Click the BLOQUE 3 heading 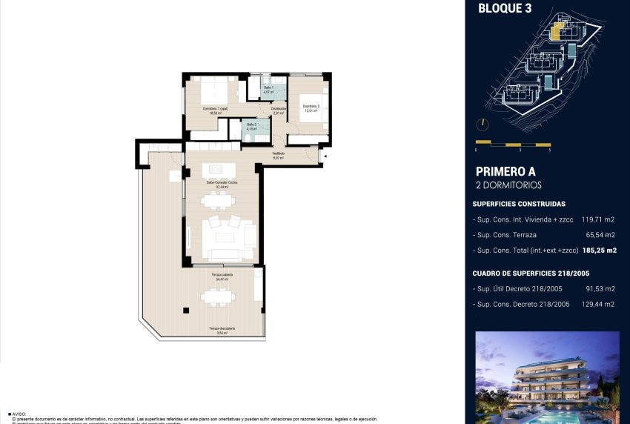tap(505, 9)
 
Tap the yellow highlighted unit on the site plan tap(557, 30)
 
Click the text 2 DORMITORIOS tap(508, 185)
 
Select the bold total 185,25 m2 tap(600, 251)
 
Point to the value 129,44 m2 tap(600, 304)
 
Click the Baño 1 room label tap(268, 89)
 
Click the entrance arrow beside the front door tap(323, 156)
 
